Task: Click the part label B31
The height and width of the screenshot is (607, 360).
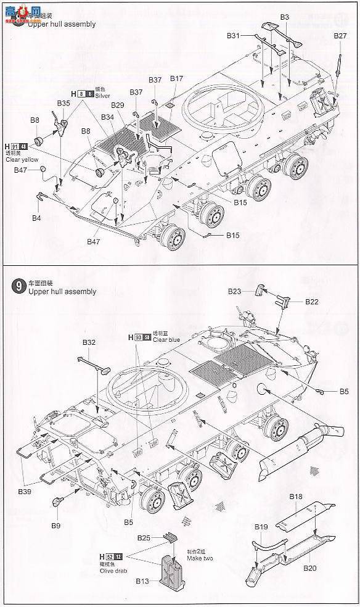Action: click(232, 36)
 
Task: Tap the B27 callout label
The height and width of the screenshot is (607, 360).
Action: click(340, 36)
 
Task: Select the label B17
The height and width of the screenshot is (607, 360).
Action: click(176, 79)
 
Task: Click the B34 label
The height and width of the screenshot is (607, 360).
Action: click(107, 117)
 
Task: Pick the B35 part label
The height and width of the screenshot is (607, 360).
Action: click(63, 103)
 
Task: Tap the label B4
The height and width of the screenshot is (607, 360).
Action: click(36, 218)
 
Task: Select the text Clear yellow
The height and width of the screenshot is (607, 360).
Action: click(22, 159)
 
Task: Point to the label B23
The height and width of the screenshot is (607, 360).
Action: click(234, 291)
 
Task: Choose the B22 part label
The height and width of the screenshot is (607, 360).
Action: click(311, 302)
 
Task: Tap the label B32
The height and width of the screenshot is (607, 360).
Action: click(89, 342)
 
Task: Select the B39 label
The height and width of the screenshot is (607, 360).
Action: click(24, 491)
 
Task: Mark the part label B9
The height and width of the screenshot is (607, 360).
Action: click(56, 526)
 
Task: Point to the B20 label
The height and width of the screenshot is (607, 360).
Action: click(309, 568)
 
